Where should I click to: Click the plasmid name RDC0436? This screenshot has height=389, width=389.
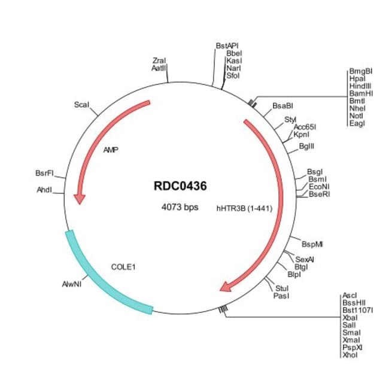(180, 186)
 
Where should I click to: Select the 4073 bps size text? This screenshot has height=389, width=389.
(180, 207)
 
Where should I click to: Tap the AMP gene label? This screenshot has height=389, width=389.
(110, 150)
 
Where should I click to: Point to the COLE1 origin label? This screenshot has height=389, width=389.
(123, 266)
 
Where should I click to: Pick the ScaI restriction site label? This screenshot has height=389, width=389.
(81, 104)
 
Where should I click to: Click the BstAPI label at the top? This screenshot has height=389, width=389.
(227, 45)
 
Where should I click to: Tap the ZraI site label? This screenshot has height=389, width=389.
(159, 60)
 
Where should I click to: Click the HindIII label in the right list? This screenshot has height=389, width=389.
(360, 86)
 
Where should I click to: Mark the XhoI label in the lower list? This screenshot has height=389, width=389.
(349, 355)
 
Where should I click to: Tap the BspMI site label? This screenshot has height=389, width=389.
(312, 244)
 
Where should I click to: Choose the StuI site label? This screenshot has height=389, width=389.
(282, 288)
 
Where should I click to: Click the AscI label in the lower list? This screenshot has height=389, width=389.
(350, 296)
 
